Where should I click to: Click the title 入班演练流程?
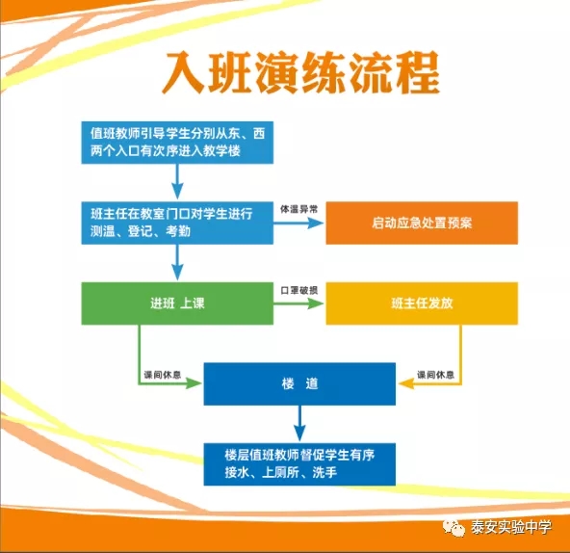pos(300,73)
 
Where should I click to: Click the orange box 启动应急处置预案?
pos(422,223)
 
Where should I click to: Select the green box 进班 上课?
pos(177,303)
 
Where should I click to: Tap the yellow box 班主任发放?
pos(422,303)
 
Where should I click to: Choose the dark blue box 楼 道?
pos(299,383)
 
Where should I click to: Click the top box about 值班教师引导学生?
pos(177,143)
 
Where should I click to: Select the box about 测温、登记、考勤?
pos(177,223)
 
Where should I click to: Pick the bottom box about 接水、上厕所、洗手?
pos(299,464)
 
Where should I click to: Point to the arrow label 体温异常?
pos(298,209)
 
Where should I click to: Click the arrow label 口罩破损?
pos(298,290)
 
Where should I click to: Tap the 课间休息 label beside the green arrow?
pos(162,375)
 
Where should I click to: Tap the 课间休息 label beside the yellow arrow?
pos(435,375)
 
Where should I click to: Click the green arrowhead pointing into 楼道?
pos(194,383)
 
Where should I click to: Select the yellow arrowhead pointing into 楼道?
pos(406,383)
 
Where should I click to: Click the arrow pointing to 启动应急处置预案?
pos(298,223)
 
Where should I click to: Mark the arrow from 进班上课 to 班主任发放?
pos(298,303)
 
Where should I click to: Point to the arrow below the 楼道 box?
pos(299,424)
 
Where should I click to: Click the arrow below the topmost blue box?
pos(177,181)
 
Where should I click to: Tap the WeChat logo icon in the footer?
pos(453,527)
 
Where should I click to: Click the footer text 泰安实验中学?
pos(511,527)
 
